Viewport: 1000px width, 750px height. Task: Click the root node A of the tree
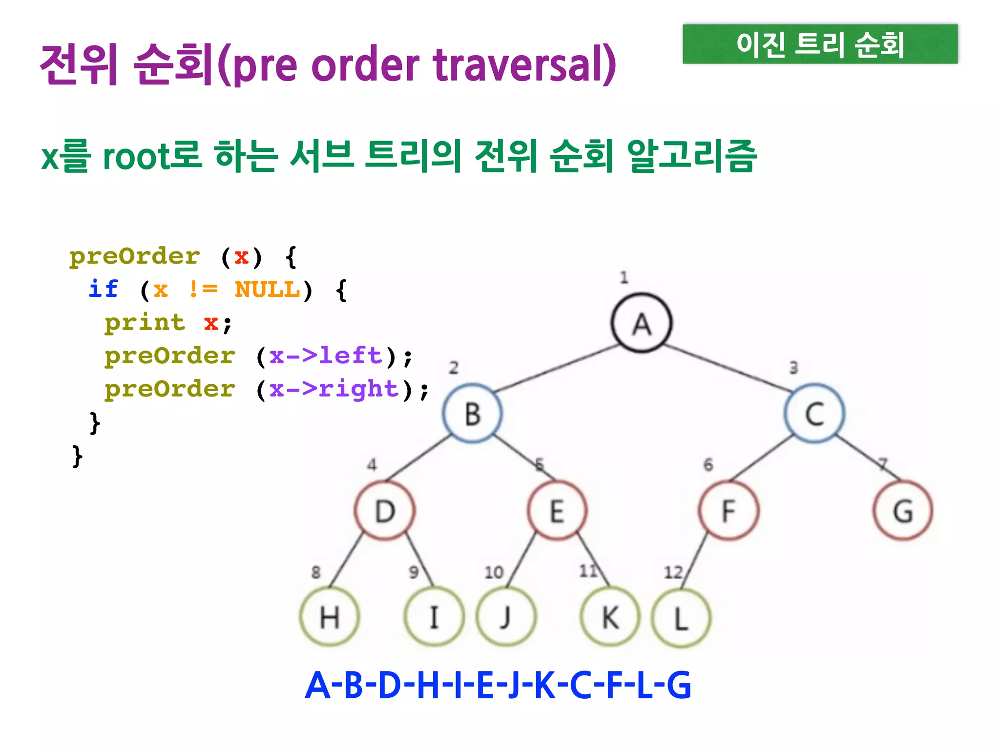click(642, 323)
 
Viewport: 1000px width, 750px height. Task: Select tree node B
click(472, 414)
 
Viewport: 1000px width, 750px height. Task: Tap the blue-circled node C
click(814, 414)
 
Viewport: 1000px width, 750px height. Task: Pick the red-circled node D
click(385, 511)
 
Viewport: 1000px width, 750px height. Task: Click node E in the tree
click(557, 511)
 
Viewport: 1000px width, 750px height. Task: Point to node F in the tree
click(729, 511)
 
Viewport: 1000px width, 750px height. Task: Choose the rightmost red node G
click(903, 511)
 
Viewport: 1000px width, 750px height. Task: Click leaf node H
click(330, 617)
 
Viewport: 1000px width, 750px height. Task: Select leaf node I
click(434, 617)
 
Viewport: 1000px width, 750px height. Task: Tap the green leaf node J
click(506, 617)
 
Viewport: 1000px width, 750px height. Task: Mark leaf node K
click(610, 617)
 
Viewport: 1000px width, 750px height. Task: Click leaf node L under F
click(681, 618)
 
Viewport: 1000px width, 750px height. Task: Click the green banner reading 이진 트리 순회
click(820, 44)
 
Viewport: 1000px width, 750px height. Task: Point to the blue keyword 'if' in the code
click(104, 289)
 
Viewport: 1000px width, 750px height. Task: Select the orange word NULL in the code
click(267, 290)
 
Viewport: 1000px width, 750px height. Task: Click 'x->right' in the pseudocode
click(334, 389)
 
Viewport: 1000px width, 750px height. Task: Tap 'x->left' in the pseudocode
click(326, 356)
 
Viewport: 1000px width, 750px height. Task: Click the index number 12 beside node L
click(673, 572)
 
